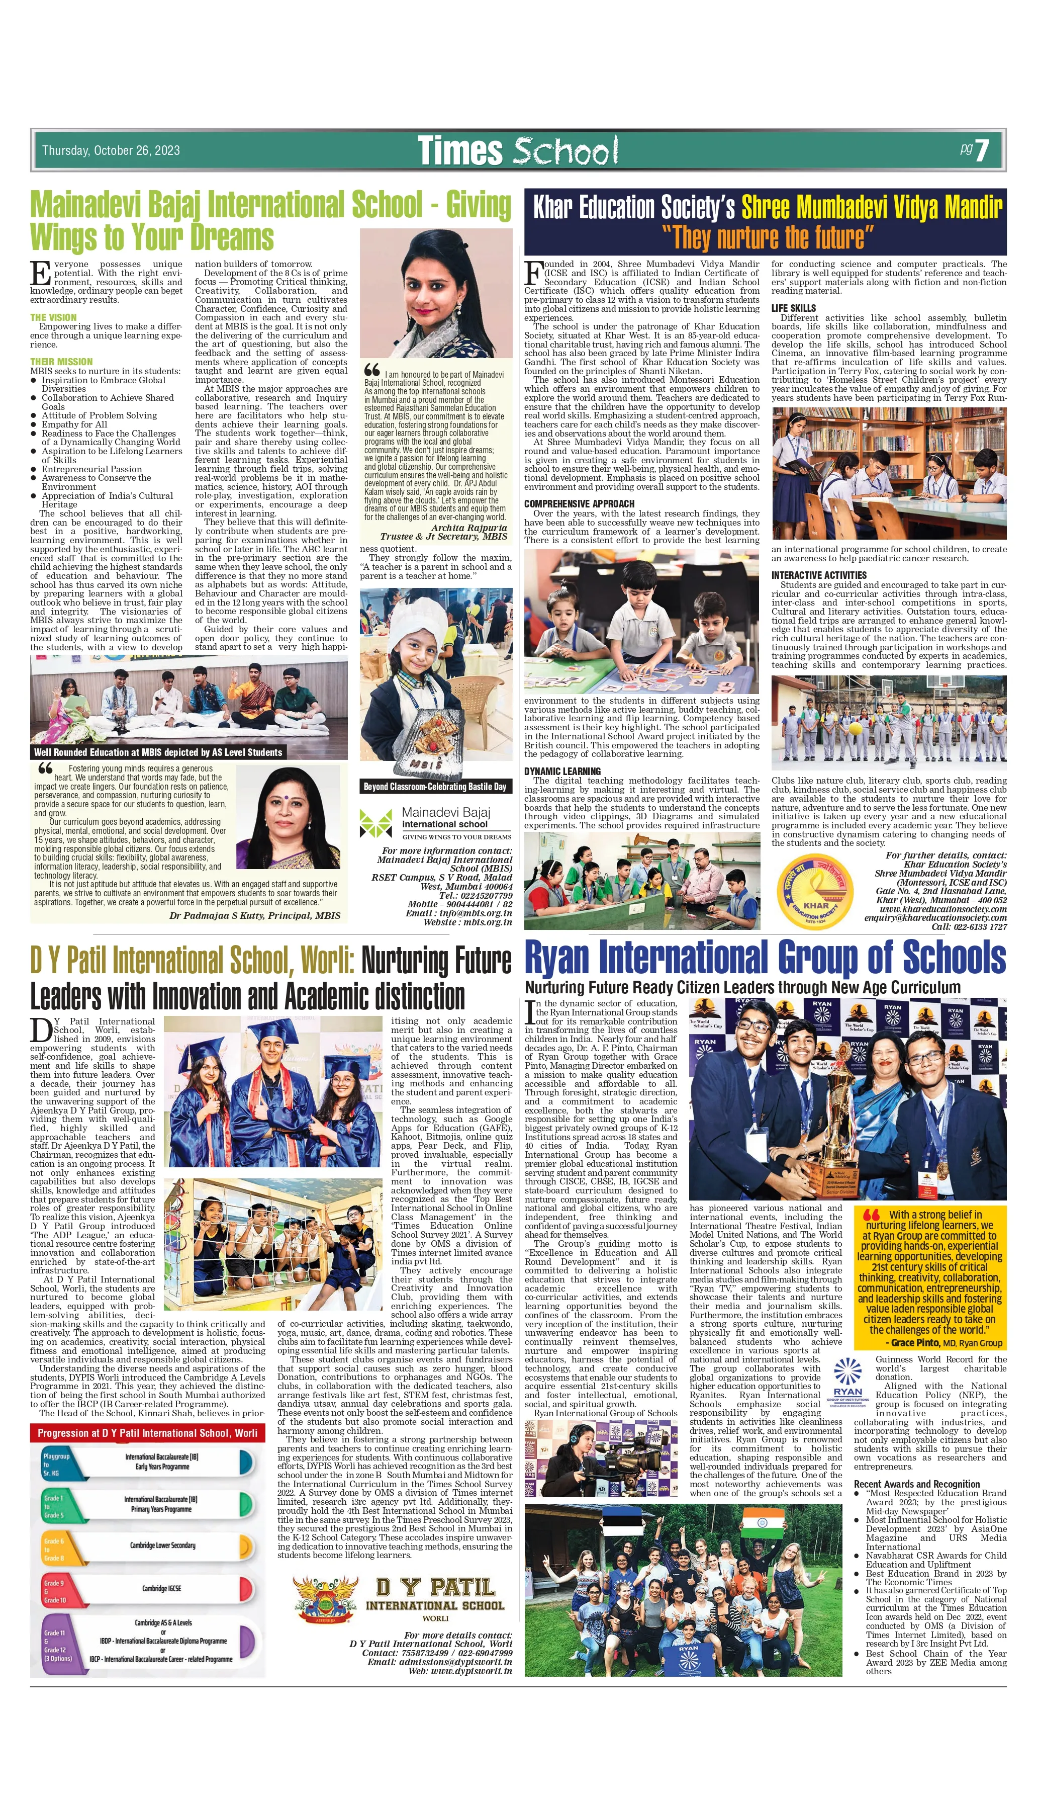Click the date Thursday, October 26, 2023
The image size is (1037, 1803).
(x=111, y=150)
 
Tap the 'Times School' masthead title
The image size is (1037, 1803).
(x=517, y=150)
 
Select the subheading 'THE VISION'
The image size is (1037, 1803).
(x=53, y=317)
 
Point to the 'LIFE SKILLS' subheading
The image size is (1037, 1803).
(x=793, y=308)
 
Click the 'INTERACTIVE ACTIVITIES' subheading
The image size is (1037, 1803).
(x=819, y=575)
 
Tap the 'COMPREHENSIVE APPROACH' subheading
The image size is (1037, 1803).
(x=579, y=503)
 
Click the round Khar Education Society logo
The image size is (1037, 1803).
(x=814, y=891)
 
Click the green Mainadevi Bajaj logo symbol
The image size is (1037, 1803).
(x=375, y=823)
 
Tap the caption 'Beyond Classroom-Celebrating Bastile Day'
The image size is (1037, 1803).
(x=435, y=787)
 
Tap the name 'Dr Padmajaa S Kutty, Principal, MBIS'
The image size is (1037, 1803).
(x=254, y=915)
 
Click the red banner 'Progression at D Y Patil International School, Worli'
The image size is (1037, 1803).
(x=147, y=1432)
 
